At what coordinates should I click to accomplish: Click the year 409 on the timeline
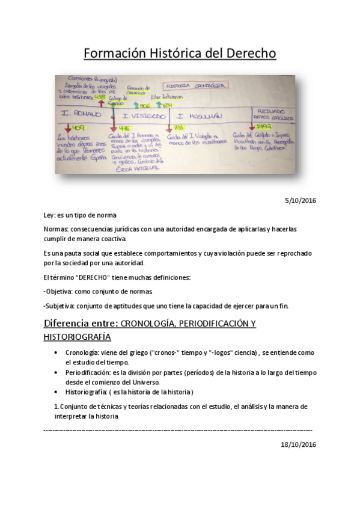click(78, 129)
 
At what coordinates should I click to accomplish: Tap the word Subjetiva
click(63, 306)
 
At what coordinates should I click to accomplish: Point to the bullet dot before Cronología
click(56, 353)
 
